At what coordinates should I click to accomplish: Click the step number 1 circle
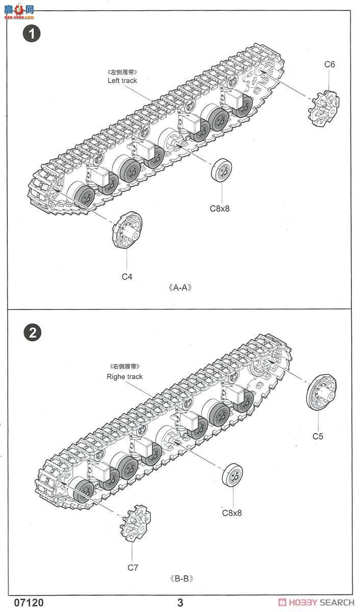(32, 34)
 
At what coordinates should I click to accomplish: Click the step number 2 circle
(32, 333)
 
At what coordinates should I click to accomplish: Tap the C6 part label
(330, 64)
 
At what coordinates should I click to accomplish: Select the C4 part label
(127, 276)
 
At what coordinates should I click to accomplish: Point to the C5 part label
(318, 436)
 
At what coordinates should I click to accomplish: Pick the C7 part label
(133, 567)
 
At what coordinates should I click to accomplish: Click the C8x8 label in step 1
(220, 208)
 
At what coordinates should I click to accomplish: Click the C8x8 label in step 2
(232, 513)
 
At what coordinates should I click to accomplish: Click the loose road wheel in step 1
(222, 170)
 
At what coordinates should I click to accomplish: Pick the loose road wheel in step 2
(233, 475)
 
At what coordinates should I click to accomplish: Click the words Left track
(122, 81)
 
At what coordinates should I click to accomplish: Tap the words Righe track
(124, 377)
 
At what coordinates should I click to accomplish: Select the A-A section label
(179, 288)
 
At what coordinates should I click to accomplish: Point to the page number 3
(180, 603)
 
